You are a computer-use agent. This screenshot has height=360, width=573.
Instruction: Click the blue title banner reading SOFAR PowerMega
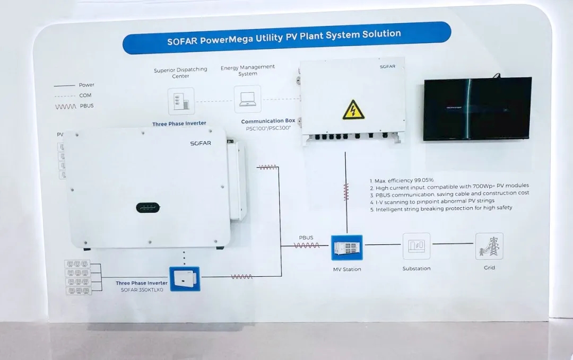(286, 38)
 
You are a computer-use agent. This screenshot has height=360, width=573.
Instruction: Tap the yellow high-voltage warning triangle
(353, 110)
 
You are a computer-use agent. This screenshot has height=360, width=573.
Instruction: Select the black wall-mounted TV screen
(477, 109)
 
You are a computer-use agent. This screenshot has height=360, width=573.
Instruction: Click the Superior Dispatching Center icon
(181, 101)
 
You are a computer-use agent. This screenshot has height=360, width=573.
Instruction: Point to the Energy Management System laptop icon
(248, 100)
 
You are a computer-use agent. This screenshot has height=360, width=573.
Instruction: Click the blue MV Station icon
(347, 248)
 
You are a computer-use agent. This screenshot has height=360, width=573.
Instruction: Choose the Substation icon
(416, 246)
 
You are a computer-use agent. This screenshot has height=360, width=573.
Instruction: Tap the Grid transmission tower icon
(489, 246)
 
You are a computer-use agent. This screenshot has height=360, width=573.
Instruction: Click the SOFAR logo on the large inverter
(201, 143)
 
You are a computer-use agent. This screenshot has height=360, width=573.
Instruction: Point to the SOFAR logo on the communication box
(387, 67)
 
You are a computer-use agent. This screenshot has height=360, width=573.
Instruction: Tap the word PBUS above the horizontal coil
(306, 238)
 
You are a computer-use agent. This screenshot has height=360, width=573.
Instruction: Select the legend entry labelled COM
(85, 95)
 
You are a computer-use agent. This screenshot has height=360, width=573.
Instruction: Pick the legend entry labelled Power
(86, 85)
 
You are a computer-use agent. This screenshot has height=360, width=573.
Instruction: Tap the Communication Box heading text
(268, 121)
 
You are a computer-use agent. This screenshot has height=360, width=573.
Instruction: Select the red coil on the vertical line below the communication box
(346, 191)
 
